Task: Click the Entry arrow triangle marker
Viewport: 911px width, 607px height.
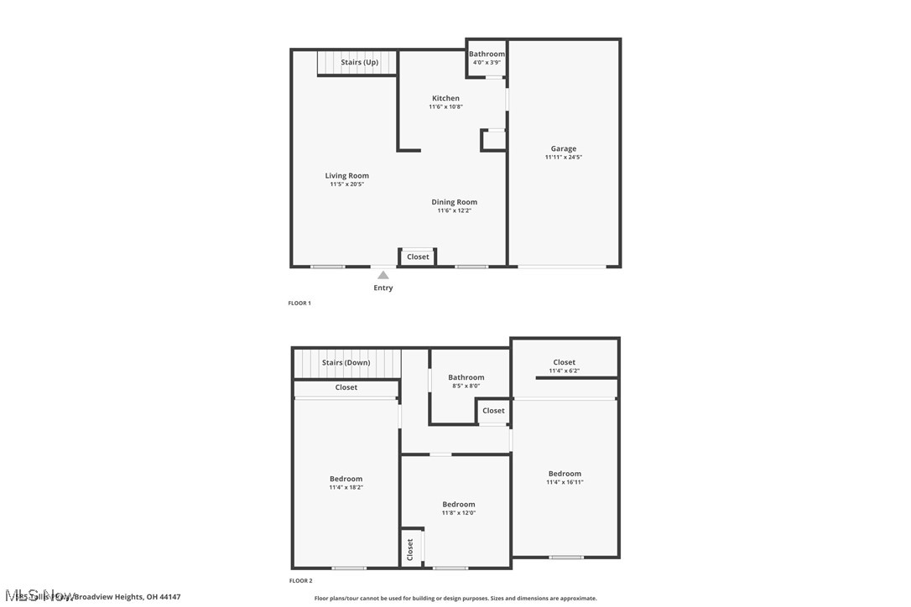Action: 383,275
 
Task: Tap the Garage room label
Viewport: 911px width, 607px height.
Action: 563,148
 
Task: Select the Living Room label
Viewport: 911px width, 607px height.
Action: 346,175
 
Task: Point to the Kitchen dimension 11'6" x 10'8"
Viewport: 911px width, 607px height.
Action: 445,106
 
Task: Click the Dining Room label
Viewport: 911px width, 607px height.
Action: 454,202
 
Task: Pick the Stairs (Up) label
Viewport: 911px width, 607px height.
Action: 359,62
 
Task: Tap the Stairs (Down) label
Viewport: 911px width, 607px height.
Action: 346,363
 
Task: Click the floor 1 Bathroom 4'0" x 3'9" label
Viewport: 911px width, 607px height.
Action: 487,54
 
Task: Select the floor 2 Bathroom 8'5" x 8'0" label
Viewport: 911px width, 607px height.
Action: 466,378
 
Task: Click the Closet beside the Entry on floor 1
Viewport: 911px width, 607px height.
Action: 418,257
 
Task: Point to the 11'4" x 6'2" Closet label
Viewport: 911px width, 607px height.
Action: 564,371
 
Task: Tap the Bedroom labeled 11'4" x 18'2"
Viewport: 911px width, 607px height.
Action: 346,479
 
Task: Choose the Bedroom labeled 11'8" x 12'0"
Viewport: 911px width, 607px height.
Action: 458,505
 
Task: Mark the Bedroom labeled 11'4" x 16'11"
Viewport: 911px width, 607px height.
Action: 565,474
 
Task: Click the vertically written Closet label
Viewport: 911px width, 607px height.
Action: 410,549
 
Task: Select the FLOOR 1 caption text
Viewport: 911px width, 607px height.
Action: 299,303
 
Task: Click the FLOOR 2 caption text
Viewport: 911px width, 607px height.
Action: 300,580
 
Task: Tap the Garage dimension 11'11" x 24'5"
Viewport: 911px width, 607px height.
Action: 563,157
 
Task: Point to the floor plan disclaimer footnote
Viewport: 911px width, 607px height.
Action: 455,598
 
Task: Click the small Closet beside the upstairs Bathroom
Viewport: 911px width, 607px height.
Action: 493,411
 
